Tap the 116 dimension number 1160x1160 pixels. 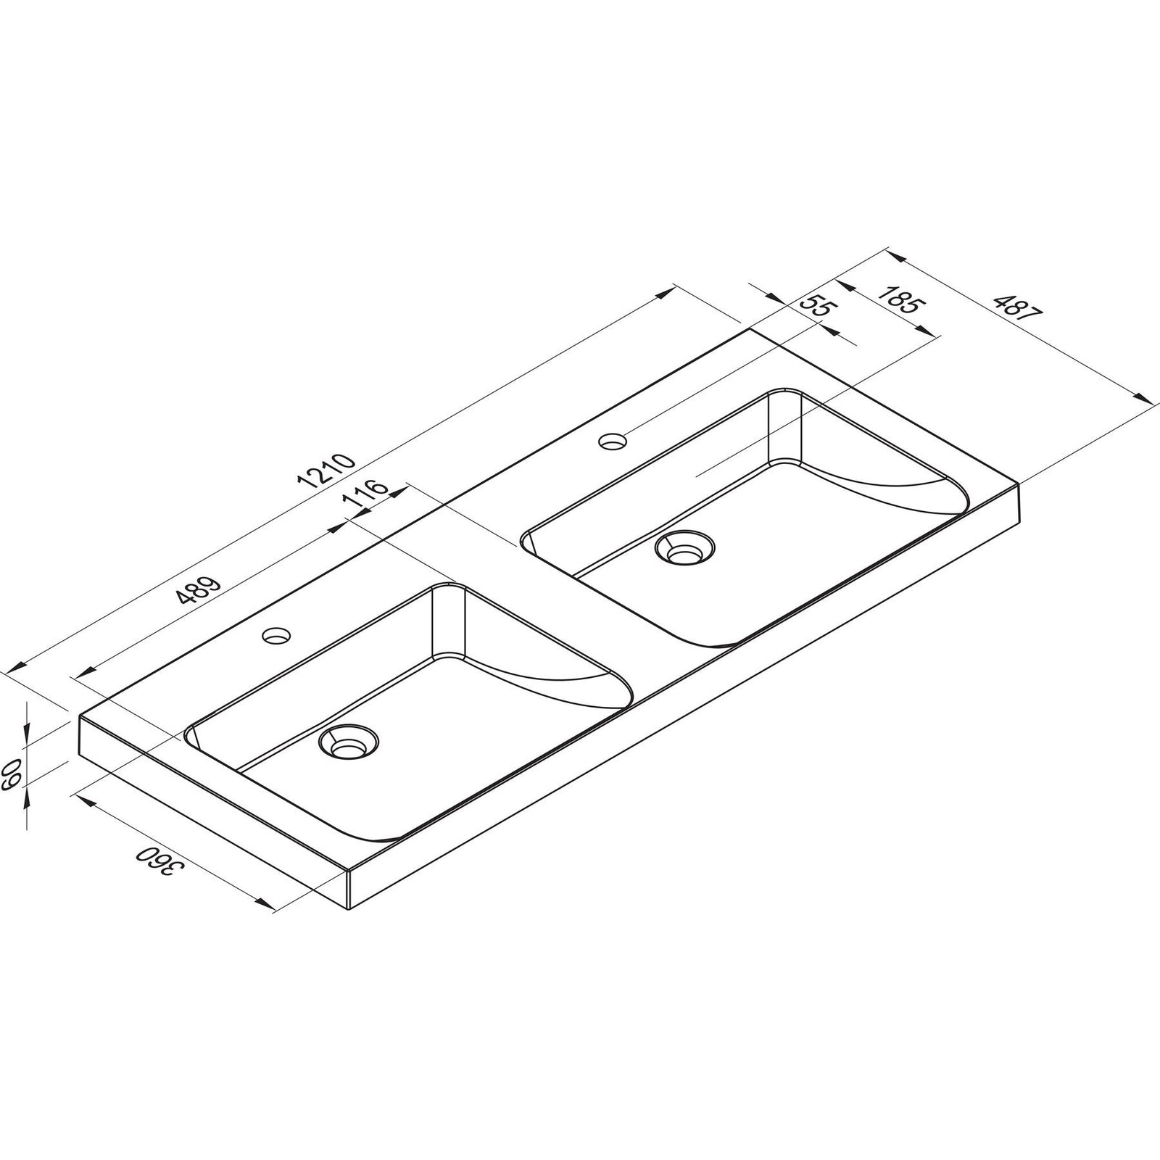(x=370, y=496)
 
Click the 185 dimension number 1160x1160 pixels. (x=899, y=299)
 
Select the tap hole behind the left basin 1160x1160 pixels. (x=276, y=636)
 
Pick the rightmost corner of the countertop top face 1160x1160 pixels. (x=1021, y=484)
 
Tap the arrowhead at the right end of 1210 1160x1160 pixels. (x=667, y=291)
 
